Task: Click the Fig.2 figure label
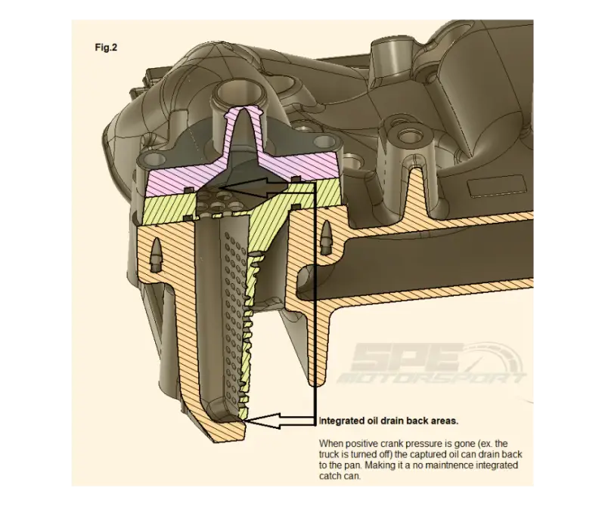coord(106,48)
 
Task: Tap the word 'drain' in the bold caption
coord(392,421)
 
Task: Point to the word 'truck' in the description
coord(330,455)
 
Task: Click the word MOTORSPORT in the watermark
coord(430,379)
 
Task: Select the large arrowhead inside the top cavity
coord(246,188)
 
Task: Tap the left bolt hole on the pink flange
coord(154,158)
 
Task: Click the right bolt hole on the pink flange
coord(324,142)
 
